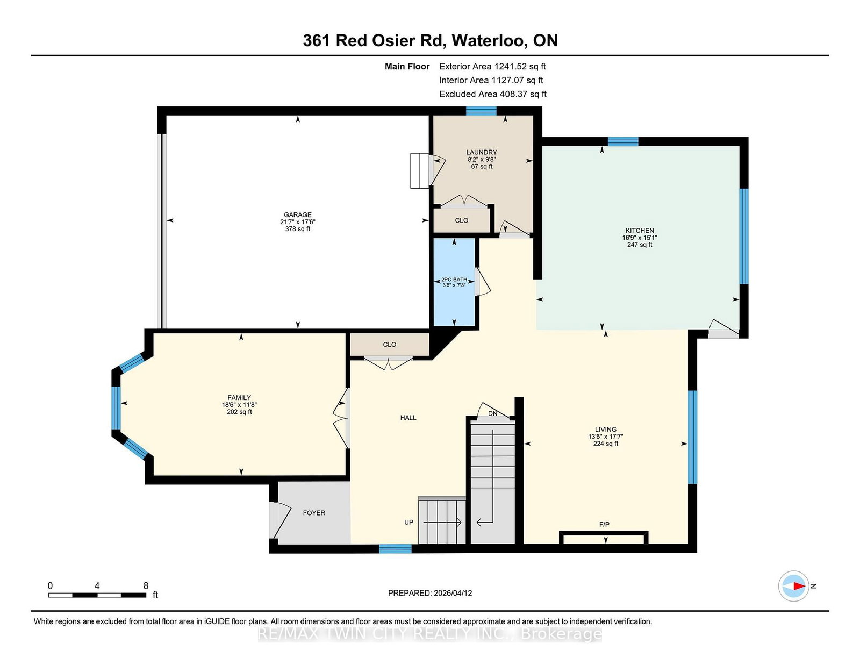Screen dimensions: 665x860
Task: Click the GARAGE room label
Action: pos(298,214)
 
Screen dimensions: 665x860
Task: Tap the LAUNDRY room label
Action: pos(482,152)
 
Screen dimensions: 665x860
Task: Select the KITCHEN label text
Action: pos(640,230)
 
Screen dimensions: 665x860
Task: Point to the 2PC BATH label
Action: pos(454,280)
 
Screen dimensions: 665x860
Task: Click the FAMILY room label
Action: pos(239,398)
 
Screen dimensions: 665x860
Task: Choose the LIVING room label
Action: pos(606,429)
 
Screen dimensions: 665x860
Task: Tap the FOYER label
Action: pos(314,513)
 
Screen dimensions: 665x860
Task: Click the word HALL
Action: pos(408,418)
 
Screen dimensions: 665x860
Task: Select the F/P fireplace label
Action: pos(604,524)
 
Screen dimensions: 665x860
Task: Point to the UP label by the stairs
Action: pos(409,522)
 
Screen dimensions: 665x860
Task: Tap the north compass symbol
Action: pos(794,586)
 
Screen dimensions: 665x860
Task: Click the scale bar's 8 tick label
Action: pos(146,585)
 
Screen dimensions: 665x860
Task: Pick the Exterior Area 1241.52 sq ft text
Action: pos(492,67)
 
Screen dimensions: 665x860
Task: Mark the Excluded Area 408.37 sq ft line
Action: pos(493,94)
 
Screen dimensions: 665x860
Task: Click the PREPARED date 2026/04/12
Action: pos(430,593)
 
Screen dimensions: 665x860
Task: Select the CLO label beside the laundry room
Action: pos(462,220)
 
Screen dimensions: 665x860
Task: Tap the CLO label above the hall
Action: pos(390,345)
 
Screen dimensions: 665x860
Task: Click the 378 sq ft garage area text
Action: pos(298,229)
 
